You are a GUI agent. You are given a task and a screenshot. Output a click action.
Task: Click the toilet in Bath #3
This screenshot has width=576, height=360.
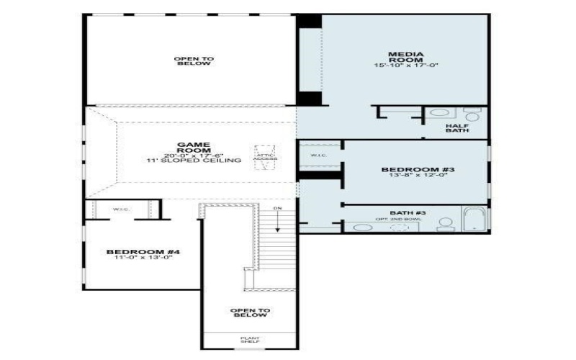tap(445, 224)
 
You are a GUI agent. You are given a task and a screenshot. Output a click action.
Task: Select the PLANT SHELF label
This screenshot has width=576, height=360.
tap(249, 338)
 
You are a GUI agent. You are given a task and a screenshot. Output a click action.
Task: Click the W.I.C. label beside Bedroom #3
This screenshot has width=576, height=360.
tap(319, 156)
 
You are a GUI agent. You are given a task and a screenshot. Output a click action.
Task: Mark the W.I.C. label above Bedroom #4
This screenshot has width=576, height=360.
tap(120, 210)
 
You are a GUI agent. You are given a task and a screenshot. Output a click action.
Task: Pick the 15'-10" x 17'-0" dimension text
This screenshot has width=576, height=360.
tap(405, 66)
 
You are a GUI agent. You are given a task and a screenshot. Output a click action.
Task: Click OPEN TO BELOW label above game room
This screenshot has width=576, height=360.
tap(193, 60)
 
